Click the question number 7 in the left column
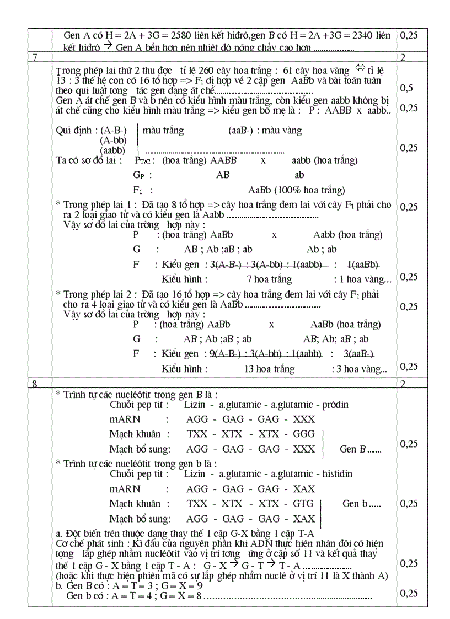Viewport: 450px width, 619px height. pyautogui.click(x=35, y=58)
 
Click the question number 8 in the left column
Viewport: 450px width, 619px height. pyautogui.click(x=35, y=384)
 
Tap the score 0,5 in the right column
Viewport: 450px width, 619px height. pyautogui.click(x=406, y=88)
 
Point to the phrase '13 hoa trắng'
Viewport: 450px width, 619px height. pyautogui.click(x=269, y=369)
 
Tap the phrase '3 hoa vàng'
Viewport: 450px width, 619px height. pyautogui.click(x=362, y=369)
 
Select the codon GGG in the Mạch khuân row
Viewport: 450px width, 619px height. pyautogui.click(x=303, y=434)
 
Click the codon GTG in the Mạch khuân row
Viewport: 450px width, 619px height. pyautogui.click(x=303, y=503)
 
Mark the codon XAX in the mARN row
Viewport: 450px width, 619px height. pyautogui.click(x=304, y=489)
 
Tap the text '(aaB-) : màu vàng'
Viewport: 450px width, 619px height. pyautogui.click(x=265, y=131)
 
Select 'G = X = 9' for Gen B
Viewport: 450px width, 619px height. pyautogui.click(x=179, y=585)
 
